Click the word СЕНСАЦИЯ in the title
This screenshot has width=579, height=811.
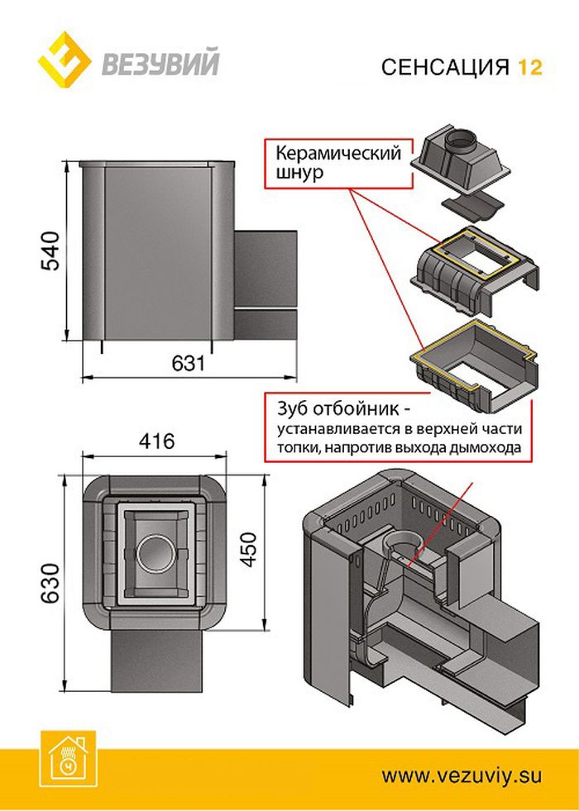445,67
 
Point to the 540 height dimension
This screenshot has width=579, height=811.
50,252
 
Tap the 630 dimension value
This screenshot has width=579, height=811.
49,584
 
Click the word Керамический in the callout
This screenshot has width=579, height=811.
337,154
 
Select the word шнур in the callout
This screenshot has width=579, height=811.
298,174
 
